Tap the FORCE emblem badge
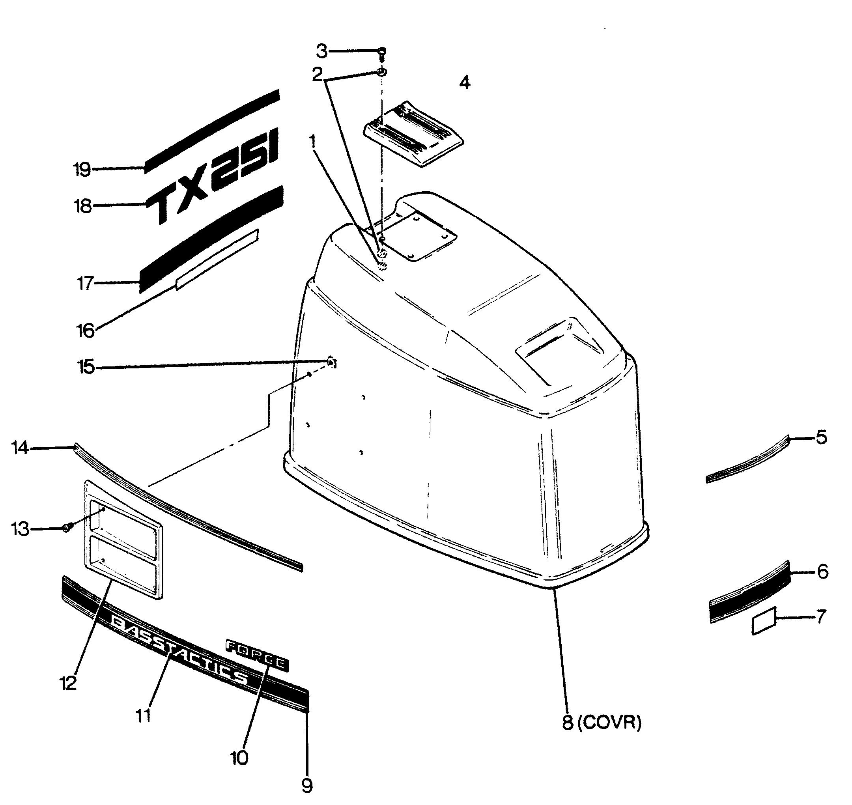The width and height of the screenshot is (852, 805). tap(257, 656)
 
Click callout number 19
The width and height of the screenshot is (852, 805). tap(82, 170)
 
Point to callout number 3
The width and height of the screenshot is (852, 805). tap(322, 52)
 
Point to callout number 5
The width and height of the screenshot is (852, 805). tap(821, 438)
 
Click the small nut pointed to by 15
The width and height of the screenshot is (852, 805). tap(331, 362)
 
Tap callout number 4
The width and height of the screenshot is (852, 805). tap(464, 82)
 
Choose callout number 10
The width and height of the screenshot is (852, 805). tap(239, 758)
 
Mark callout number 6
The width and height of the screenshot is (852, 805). tap(822, 572)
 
